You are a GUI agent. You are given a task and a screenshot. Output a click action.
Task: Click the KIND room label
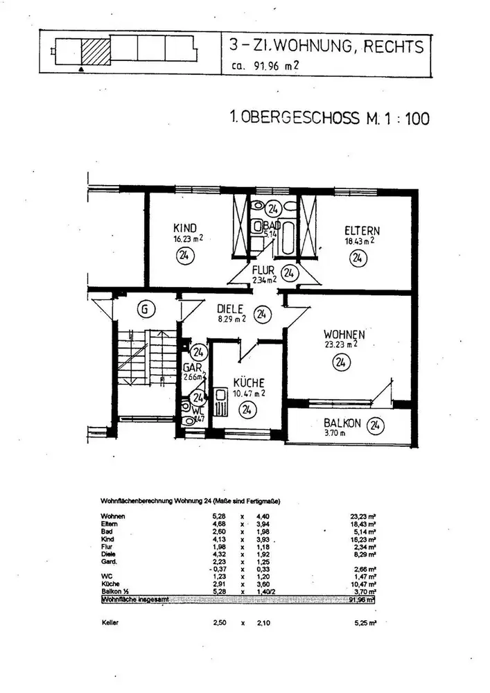point(186,228)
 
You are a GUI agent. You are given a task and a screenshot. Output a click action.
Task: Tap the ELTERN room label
point(362,231)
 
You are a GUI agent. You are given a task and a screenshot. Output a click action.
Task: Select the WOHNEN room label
point(344,335)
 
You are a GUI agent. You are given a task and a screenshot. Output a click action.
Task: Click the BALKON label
point(341,423)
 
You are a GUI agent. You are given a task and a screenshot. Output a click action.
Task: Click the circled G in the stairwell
point(144,310)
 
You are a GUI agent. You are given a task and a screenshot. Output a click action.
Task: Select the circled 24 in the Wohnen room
point(340,361)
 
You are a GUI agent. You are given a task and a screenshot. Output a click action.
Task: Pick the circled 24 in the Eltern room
point(358,258)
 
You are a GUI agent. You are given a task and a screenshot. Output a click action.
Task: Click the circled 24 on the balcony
point(376,424)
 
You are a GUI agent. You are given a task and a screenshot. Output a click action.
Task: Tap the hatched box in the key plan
point(96,51)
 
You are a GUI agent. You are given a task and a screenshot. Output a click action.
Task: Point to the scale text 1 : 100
point(405,119)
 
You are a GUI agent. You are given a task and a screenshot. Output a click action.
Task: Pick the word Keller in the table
point(110,623)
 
